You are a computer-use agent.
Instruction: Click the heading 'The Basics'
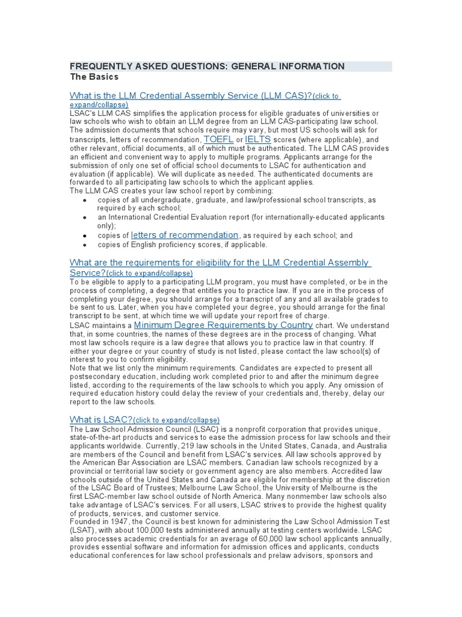pyautogui.click(x=94, y=77)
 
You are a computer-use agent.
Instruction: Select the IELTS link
pyautogui.click(x=257, y=139)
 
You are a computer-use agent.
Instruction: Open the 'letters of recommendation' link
pyautogui.click(x=185, y=235)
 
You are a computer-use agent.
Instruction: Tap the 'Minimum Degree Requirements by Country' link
pyautogui.click(x=223, y=325)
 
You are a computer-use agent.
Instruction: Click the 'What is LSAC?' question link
pyautogui.click(x=100, y=419)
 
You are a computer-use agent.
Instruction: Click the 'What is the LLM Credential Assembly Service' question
pyautogui.click(x=190, y=96)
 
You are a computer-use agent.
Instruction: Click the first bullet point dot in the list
pyautogui.click(x=85, y=199)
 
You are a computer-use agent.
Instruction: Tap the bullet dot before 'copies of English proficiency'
pyautogui.click(x=85, y=246)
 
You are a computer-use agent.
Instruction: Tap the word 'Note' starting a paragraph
pyautogui.click(x=79, y=367)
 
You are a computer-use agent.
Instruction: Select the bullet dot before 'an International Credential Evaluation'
pyautogui.click(x=85, y=217)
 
